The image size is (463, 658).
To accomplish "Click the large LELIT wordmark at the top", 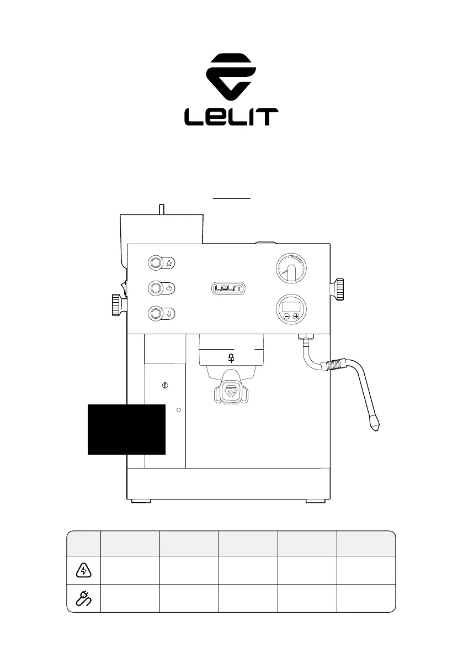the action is pos(231,117).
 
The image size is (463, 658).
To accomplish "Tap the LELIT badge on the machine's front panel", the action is pos(228,288).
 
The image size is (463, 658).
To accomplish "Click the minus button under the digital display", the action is pos(286,317).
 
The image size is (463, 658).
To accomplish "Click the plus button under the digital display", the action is pos(296,317).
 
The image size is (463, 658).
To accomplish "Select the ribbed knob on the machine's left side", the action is pos(118,304).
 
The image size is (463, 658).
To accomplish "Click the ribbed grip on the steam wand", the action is pos(336,366).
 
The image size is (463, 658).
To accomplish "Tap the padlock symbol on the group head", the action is pos(231,358).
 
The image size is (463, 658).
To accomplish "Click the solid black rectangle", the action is pos(126,429).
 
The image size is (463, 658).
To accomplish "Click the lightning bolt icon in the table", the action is pos(84,570).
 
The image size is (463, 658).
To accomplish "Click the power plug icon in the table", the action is pos(84,598).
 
